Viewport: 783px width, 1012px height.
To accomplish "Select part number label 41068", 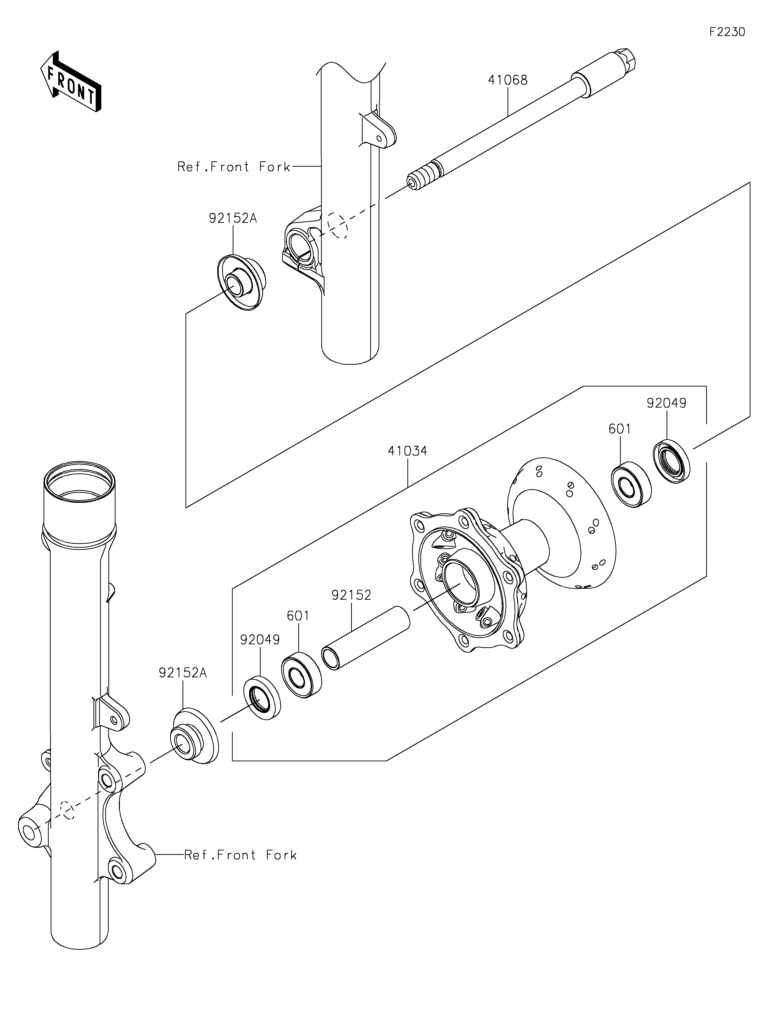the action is (x=507, y=80).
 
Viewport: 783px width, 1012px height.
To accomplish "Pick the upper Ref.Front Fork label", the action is (x=234, y=167).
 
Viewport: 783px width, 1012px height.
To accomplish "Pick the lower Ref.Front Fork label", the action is (x=240, y=855).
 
